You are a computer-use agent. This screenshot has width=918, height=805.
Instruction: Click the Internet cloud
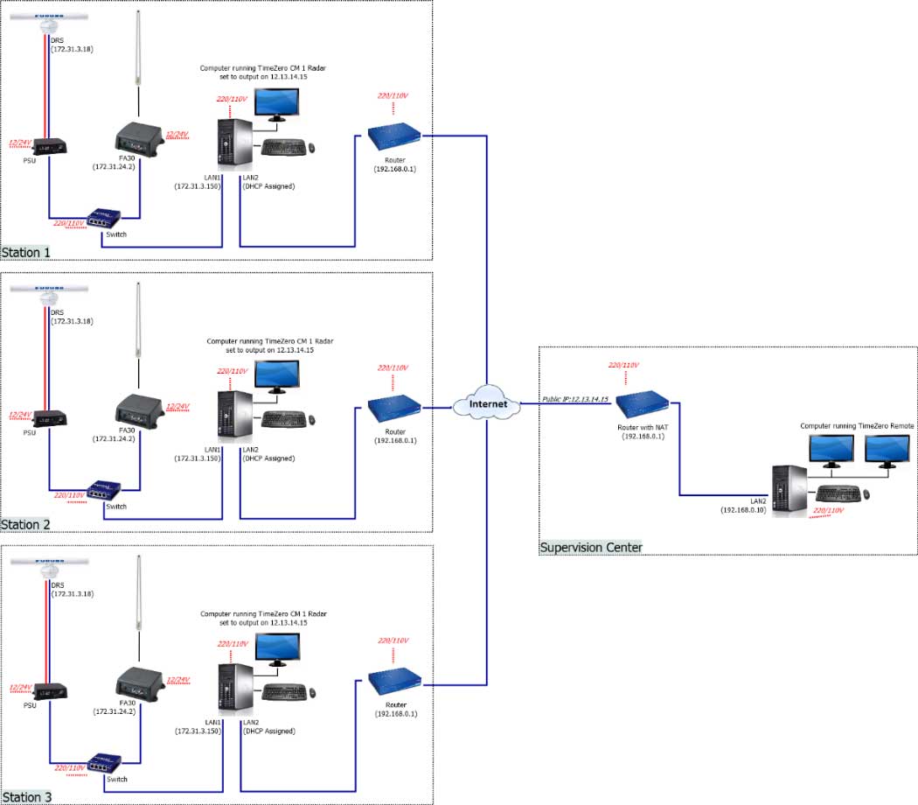[x=487, y=405]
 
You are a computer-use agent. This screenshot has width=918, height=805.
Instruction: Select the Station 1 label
[x=26, y=253]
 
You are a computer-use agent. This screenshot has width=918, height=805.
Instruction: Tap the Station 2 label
[x=26, y=524]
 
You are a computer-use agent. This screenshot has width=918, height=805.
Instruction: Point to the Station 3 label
[x=26, y=797]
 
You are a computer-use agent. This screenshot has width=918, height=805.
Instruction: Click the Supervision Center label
[x=591, y=548]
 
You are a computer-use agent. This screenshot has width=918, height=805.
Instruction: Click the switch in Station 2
[x=104, y=489]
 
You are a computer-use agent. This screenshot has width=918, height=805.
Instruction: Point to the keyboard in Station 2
[x=285, y=419]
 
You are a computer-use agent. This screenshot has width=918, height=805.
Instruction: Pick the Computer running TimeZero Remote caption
[x=857, y=425]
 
